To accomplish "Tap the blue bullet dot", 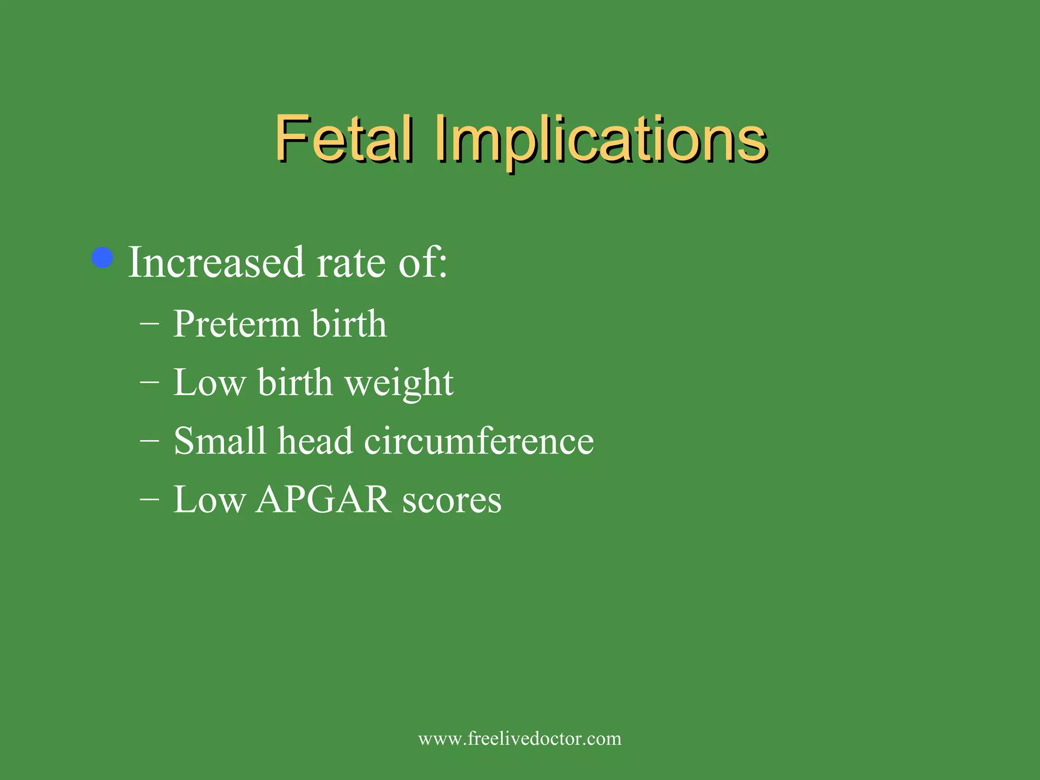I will click(x=103, y=257).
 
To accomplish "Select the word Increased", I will click(x=216, y=263).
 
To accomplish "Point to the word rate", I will click(x=351, y=264).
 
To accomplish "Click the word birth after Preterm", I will click(x=349, y=323).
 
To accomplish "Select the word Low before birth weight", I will click(x=209, y=382).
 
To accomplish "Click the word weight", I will click(x=399, y=383).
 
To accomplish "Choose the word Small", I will click(x=220, y=440).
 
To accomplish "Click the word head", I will click(x=315, y=440).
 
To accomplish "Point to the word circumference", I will click(x=479, y=440).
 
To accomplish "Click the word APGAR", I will click(x=323, y=499).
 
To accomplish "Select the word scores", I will click(x=452, y=501).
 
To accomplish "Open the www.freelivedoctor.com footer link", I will click(x=519, y=738).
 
